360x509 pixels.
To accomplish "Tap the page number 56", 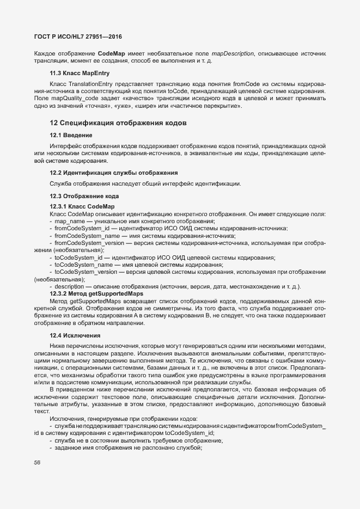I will point(38,463).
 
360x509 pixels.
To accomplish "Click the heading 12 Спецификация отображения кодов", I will point(118,124).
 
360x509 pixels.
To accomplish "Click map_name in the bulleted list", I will point(70,222).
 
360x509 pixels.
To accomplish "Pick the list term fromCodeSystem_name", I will point(87,236).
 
